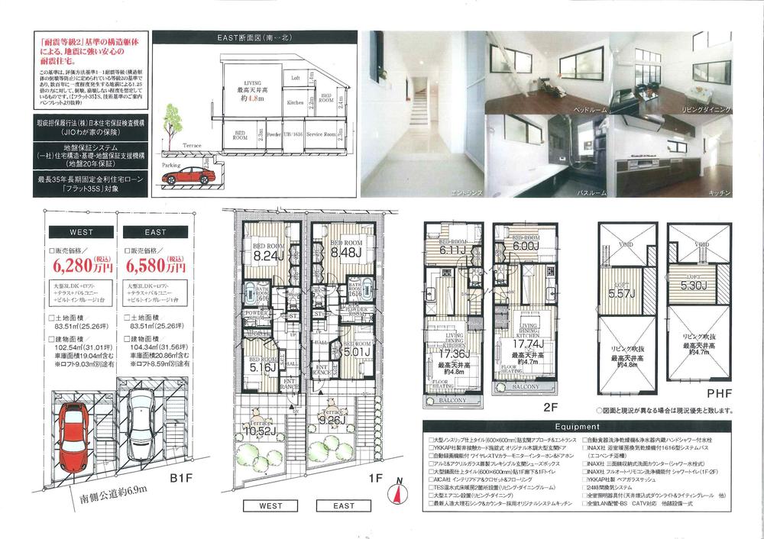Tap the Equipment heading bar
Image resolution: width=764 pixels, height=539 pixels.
(576, 428)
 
